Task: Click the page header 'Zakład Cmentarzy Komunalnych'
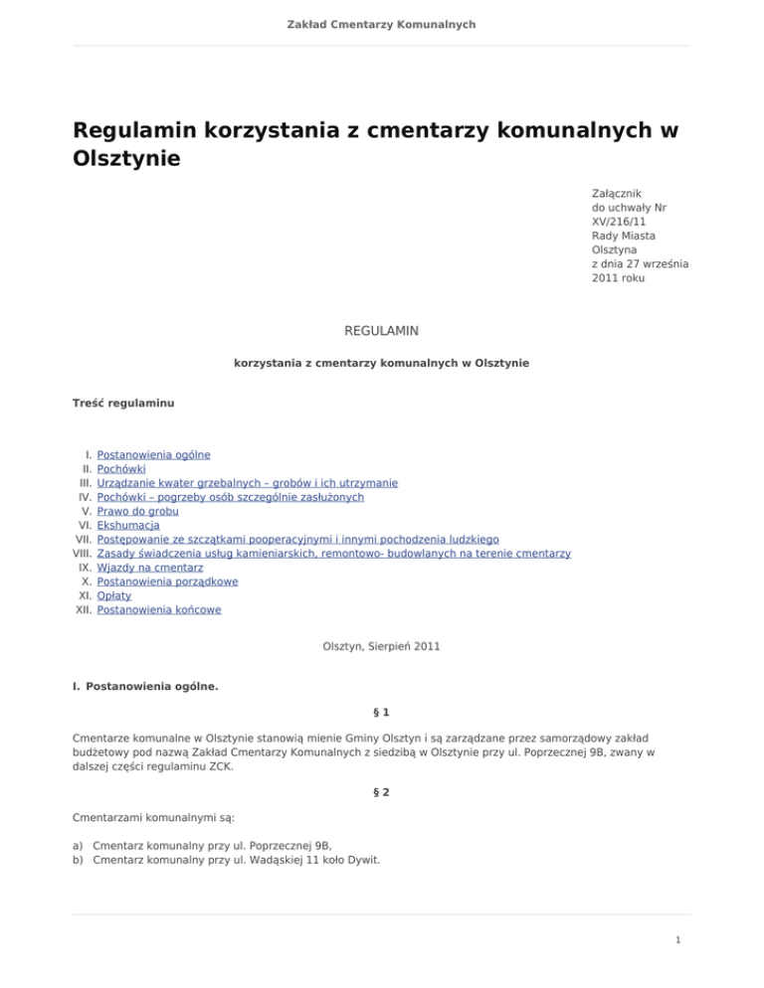[382, 23]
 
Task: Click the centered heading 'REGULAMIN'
[381, 328]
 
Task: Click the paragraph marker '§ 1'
[381, 712]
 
